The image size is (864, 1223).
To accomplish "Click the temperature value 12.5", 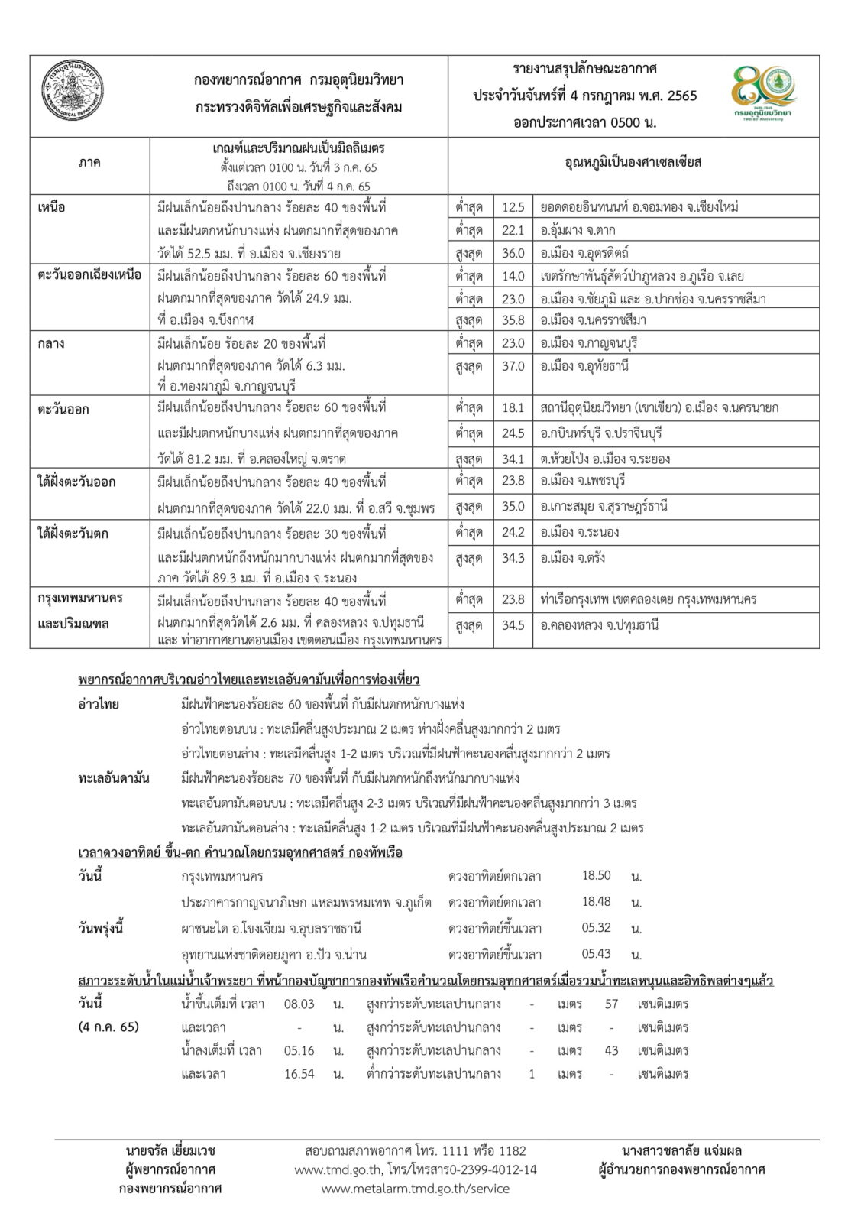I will [513, 207].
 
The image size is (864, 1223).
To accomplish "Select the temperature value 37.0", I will [513, 366].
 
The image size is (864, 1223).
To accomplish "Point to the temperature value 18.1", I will [513, 408].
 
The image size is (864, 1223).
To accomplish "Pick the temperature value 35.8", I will [513, 320].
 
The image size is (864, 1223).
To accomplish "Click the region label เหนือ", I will [52, 207].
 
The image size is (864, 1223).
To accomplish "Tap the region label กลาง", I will [51, 343].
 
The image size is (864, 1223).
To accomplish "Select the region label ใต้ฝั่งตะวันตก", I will [73, 533].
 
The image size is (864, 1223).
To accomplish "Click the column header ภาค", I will [89, 163].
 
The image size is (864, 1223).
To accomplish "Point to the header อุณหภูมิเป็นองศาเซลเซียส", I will [633, 163].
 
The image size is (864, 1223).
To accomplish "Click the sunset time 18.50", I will [596, 876].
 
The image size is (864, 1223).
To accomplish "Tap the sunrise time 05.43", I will [596, 954].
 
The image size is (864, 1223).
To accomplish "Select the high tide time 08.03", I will [299, 1004].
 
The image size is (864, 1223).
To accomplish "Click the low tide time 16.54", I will [299, 1073].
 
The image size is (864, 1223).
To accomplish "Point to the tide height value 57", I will [611, 1004].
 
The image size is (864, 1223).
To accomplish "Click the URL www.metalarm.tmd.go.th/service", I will [415, 1189].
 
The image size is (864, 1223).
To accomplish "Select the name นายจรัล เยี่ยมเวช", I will [170, 1151].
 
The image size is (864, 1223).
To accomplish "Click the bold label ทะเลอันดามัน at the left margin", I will [114, 778].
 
